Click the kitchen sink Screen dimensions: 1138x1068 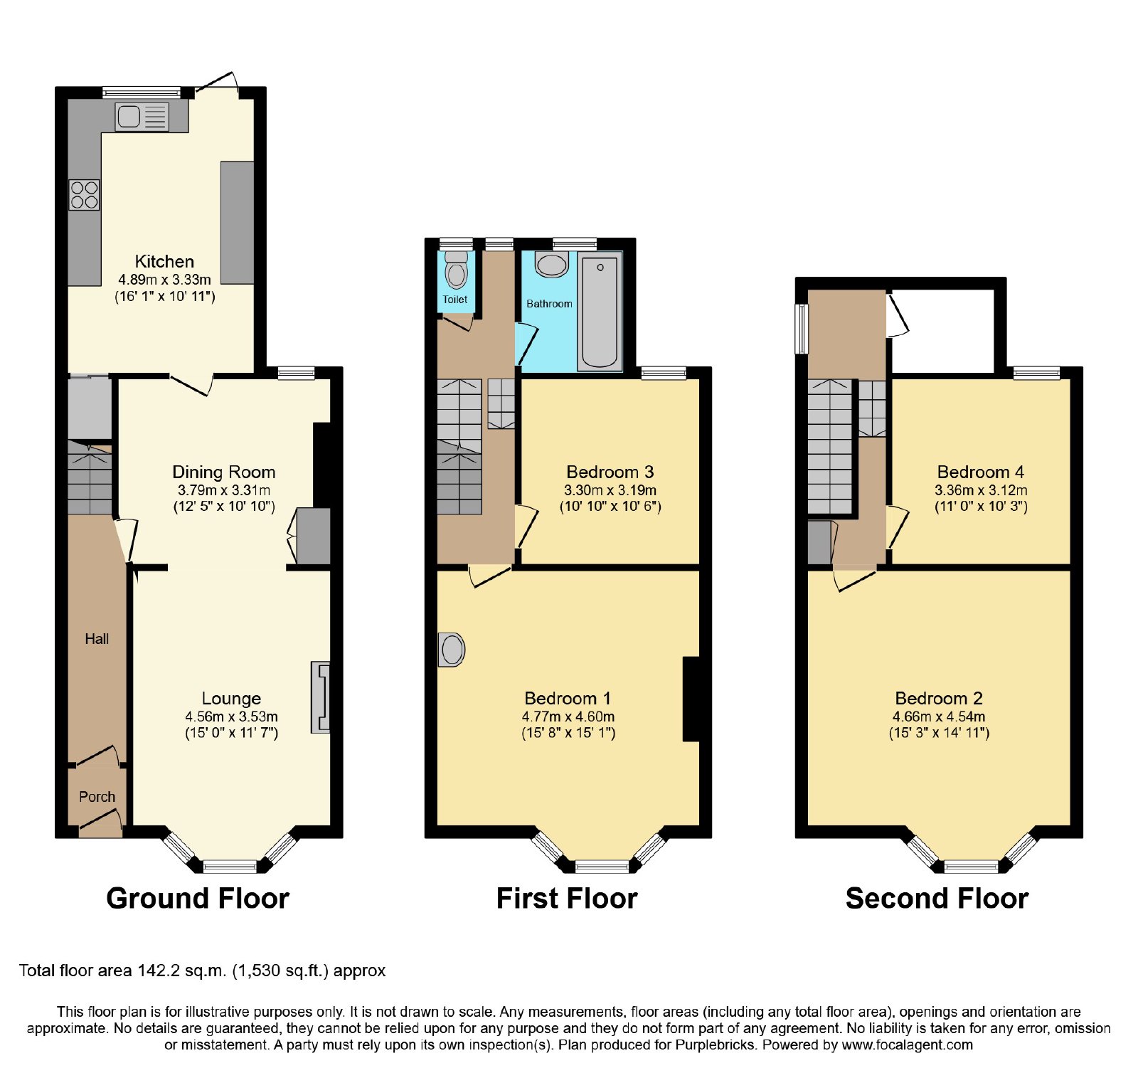click(x=142, y=116)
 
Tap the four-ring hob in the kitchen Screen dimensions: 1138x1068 click(x=84, y=195)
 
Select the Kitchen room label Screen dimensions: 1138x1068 click(x=164, y=261)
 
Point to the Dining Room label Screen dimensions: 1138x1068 click(x=224, y=472)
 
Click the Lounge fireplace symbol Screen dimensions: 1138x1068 click(x=321, y=697)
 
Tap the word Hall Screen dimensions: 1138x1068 click(x=97, y=639)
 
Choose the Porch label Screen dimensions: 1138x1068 click(x=97, y=797)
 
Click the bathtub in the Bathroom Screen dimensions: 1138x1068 click(x=600, y=312)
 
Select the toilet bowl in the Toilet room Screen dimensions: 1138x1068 click(x=456, y=270)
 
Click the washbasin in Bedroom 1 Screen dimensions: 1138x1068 click(x=451, y=649)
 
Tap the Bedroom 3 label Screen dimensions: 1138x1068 click(x=610, y=472)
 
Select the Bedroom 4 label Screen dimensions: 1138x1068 click(x=981, y=472)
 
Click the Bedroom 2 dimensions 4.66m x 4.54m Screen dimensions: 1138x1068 click(x=939, y=717)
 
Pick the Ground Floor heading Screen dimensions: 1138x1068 click(x=198, y=899)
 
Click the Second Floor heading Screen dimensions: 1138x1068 click(x=937, y=899)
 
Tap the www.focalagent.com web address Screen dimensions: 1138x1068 click(x=908, y=1045)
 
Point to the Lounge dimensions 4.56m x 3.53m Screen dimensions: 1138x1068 click(x=232, y=717)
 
